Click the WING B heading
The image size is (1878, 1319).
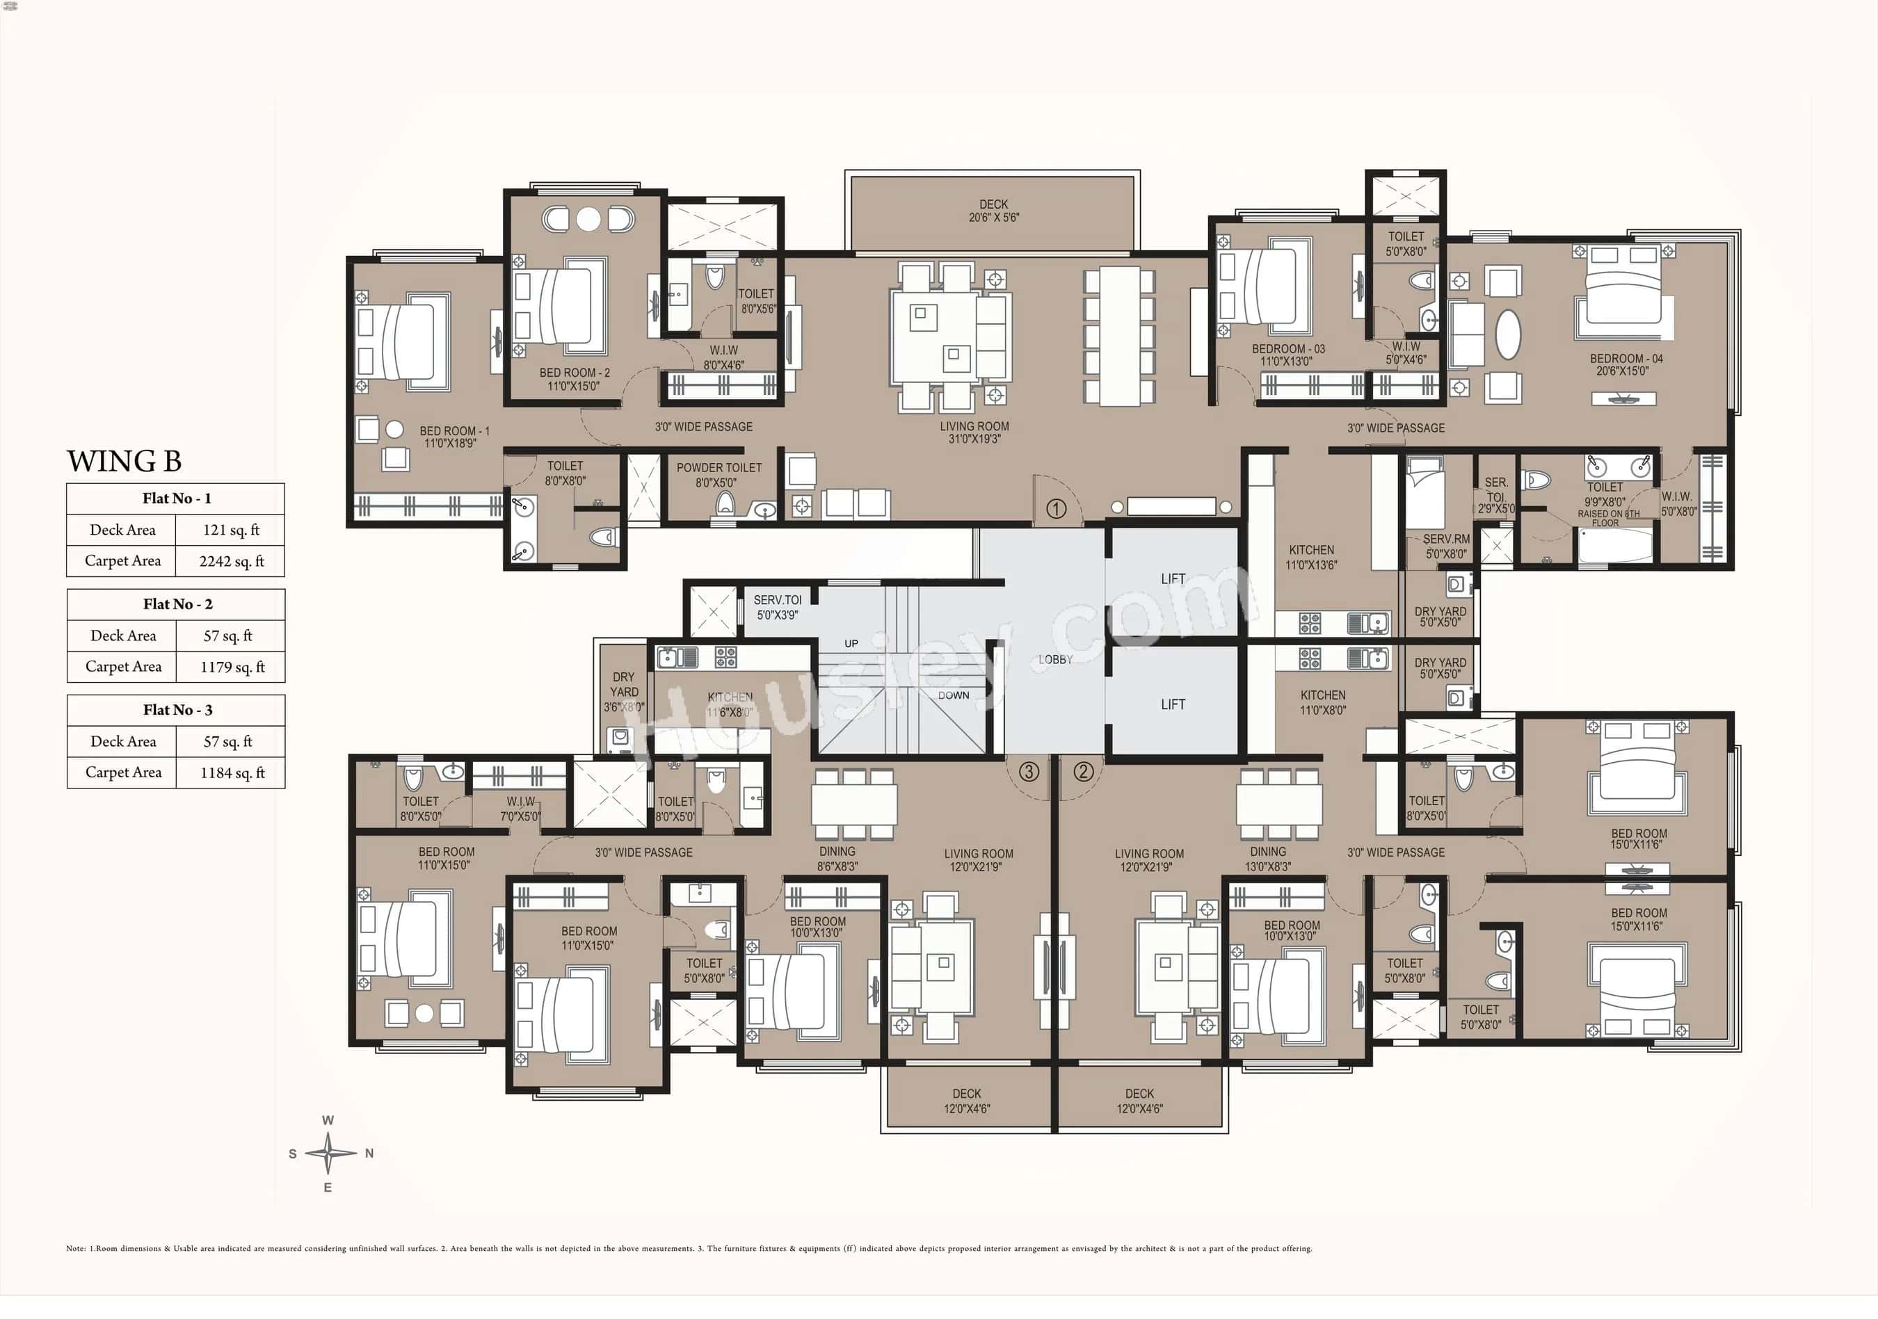[125, 461]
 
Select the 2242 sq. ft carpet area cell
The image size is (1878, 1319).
[232, 561]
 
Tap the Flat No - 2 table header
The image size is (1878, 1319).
[177, 604]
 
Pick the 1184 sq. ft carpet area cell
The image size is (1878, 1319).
[232, 772]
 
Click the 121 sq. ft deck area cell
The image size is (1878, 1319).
[231, 530]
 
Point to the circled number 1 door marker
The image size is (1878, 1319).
[1056, 510]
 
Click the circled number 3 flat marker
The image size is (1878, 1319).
[1029, 771]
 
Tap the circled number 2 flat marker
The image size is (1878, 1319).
[1083, 771]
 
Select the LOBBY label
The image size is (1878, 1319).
[1055, 659]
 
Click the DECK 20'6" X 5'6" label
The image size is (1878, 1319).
[994, 211]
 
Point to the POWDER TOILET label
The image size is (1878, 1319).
[719, 469]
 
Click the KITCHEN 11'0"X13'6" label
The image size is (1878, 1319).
[1311, 557]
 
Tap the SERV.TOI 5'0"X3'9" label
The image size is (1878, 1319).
[777, 607]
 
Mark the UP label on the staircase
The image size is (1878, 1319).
[851, 644]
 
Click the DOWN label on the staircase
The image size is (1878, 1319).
[953, 695]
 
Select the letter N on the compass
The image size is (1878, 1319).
[369, 1153]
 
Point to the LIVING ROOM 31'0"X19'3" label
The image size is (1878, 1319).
[974, 432]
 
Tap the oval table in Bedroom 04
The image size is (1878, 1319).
[1507, 334]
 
